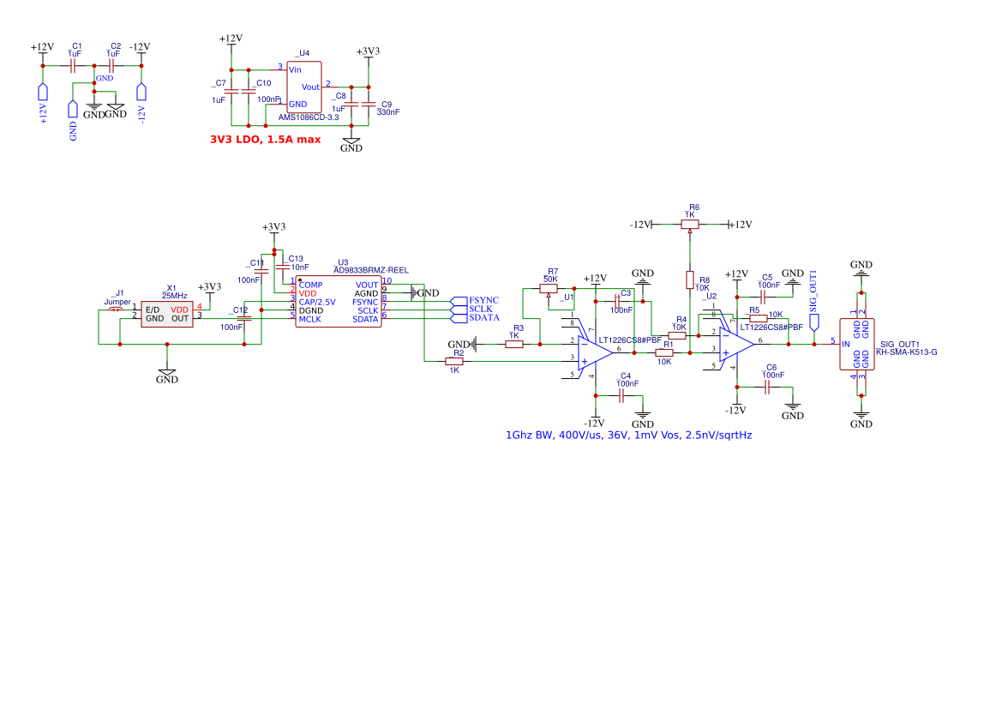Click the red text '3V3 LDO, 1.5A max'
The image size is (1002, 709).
(265, 139)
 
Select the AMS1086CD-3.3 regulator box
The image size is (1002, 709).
(303, 86)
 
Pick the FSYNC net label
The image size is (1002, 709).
(483, 300)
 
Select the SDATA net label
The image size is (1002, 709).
(483, 318)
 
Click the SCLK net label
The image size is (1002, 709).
(480, 309)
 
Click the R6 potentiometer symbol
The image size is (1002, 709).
(690, 224)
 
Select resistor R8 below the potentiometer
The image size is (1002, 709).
(690, 279)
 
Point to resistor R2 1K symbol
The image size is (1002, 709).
(454, 362)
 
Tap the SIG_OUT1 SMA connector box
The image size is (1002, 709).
(858, 345)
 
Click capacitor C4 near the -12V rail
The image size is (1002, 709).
(621, 395)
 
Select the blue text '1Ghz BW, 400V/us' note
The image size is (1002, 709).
(628, 436)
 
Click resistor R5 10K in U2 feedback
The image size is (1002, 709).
(758, 318)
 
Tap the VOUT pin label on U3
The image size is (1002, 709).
(366, 285)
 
